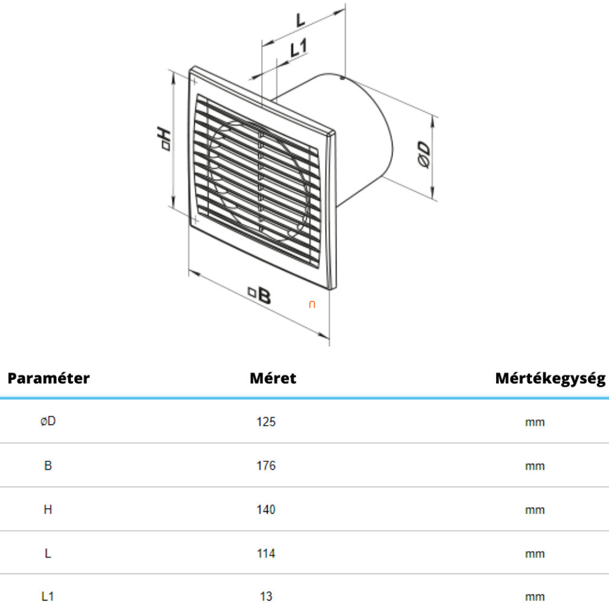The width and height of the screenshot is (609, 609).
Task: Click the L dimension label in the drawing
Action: (300, 20)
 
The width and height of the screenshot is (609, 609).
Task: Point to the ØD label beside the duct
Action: (424, 154)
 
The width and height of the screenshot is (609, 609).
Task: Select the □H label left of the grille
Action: (164, 139)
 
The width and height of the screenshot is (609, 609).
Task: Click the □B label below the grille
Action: (260, 295)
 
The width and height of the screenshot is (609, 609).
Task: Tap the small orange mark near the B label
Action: (312, 304)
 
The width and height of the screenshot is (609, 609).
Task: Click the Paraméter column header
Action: (49, 378)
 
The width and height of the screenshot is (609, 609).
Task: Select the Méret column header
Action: (273, 378)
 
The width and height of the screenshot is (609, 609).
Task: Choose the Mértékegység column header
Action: (550, 378)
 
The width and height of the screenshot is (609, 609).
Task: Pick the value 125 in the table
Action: (266, 422)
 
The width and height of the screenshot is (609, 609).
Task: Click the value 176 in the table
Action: (266, 465)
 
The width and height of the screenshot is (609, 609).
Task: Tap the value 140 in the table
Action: (266, 510)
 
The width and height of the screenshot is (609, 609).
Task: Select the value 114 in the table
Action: (266, 554)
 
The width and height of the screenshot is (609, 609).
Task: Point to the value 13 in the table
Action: (266, 596)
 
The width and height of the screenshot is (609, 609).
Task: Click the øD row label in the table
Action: (48, 421)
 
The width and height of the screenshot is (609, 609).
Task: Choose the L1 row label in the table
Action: (48, 596)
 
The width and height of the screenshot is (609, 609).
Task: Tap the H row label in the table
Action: (48, 509)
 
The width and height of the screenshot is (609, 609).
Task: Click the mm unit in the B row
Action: (535, 466)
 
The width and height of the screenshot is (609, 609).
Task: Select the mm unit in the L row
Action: (535, 554)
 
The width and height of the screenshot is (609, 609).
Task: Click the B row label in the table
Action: (48, 465)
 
